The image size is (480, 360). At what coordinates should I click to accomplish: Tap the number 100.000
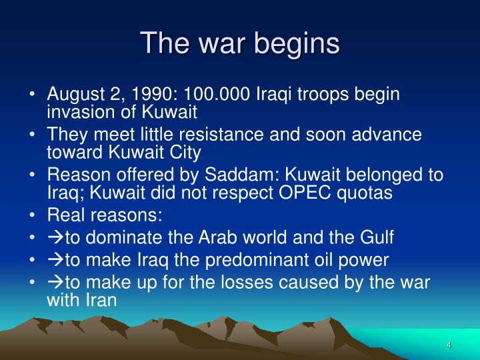click(x=219, y=95)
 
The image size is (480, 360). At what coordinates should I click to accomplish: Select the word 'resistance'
click(x=222, y=135)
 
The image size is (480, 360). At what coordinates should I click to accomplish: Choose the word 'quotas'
click(x=369, y=193)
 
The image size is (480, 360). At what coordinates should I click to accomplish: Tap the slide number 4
click(x=449, y=345)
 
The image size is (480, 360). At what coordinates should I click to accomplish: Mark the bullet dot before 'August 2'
click(x=33, y=95)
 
